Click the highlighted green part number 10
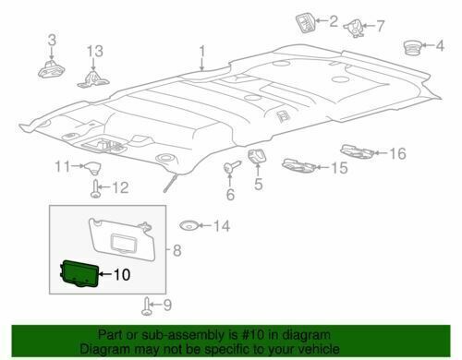click(79, 273)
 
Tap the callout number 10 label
click(122, 274)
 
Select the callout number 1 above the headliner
click(202, 52)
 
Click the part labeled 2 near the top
click(305, 23)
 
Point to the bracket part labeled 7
click(354, 29)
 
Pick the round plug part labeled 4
click(412, 47)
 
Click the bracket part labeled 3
click(51, 70)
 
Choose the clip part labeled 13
click(93, 79)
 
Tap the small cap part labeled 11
click(92, 167)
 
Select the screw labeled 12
click(95, 188)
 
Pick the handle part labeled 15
click(298, 165)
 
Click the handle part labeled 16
click(358, 150)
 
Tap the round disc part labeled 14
click(188, 225)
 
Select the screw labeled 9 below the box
click(147, 306)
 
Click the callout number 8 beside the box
click(177, 250)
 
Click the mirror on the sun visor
click(123, 241)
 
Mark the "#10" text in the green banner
click(254, 335)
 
